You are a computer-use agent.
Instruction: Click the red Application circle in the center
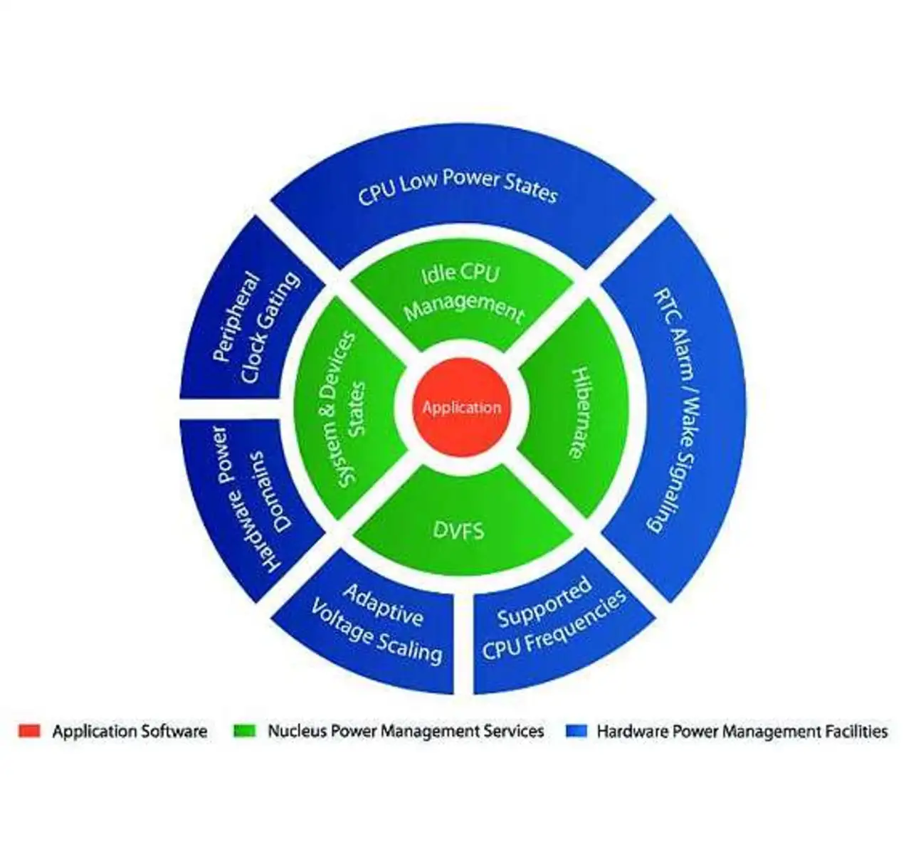coord(461,407)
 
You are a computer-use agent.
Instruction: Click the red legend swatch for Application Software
coord(29,731)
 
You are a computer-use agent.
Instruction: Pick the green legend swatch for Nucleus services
coord(244,731)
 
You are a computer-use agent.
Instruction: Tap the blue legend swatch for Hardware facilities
coord(576,731)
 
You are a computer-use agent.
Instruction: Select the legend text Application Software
coord(130,732)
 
